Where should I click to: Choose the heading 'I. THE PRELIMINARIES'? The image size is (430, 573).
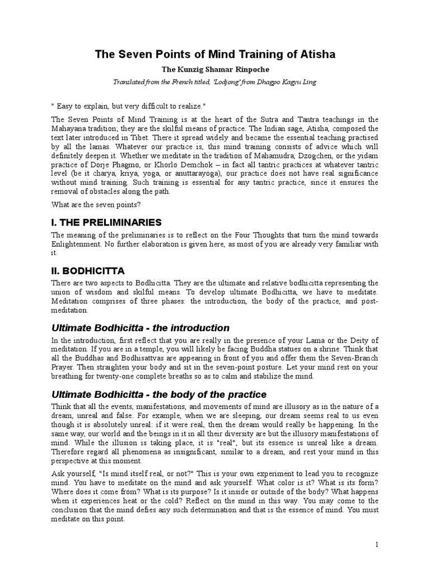tap(106, 222)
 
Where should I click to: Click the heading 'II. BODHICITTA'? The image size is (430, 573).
tap(87, 271)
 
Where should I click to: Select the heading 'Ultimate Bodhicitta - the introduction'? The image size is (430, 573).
tap(141, 328)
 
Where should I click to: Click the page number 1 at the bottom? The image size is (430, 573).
tap(377, 544)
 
